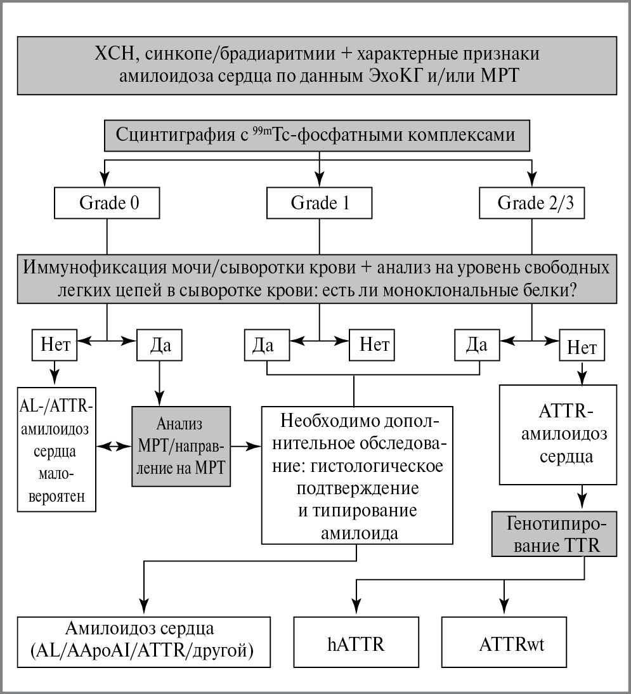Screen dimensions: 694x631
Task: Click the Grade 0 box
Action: coord(107,203)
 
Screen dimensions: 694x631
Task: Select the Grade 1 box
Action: coord(320,203)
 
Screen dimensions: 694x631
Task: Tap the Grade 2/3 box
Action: coord(531,203)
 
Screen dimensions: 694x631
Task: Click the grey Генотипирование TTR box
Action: coord(552,535)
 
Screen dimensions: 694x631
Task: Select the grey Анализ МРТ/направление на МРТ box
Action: coord(181,447)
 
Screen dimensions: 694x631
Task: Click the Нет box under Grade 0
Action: coord(55,345)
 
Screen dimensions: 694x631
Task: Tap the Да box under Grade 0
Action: coord(159,345)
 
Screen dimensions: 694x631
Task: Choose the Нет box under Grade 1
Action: coord(372,345)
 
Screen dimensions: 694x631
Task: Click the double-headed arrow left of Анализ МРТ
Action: coord(114,447)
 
